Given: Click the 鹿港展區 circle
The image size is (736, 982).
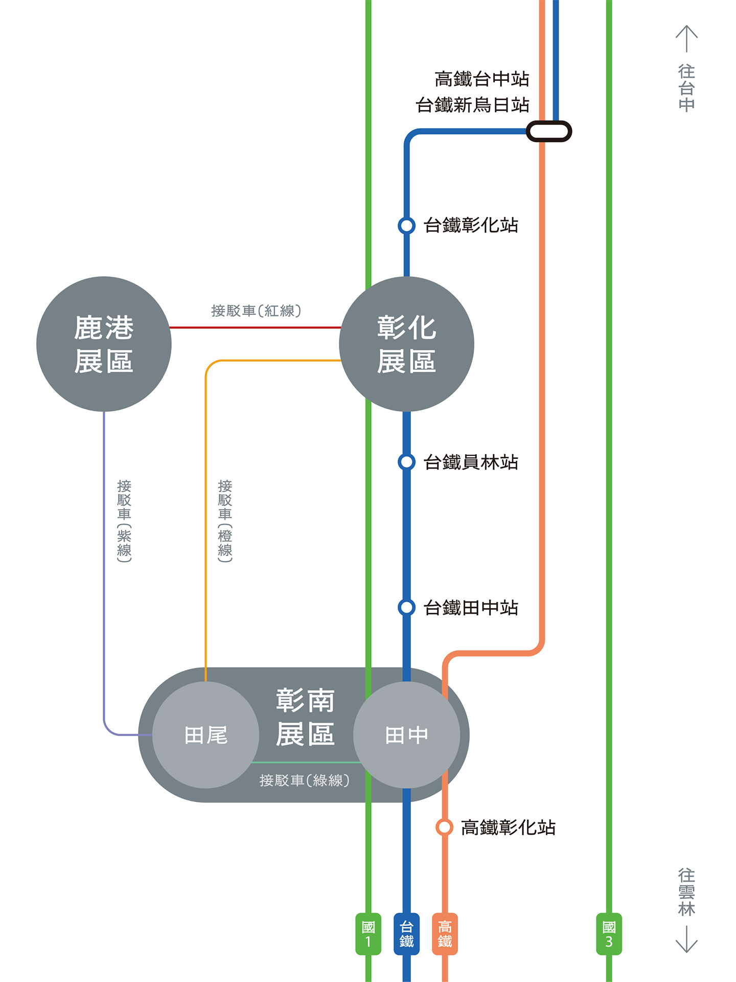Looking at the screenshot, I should [x=104, y=344].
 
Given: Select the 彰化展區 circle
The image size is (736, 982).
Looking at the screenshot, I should [x=406, y=344].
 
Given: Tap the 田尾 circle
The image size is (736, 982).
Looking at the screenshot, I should [x=205, y=735].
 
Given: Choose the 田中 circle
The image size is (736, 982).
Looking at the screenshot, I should [x=406, y=735].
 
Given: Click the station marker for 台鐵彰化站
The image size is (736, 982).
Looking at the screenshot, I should [x=406, y=225].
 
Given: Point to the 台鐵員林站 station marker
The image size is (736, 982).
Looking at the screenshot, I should [x=406, y=462].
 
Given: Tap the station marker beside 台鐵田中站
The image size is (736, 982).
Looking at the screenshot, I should [x=406, y=608].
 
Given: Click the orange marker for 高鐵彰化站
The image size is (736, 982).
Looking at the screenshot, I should [x=444, y=827].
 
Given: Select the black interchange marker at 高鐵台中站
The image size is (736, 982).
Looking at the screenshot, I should [x=549, y=131].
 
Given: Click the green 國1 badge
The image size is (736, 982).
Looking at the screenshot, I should [x=368, y=934].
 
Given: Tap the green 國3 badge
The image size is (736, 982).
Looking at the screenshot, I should [x=609, y=934].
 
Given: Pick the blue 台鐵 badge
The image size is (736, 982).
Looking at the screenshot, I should [x=406, y=934].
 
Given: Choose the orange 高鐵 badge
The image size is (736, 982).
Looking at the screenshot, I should [x=445, y=934].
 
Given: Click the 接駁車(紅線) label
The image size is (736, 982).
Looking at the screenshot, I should [x=256, y=310].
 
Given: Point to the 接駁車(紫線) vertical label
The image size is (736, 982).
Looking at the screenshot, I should [x=124, y=521].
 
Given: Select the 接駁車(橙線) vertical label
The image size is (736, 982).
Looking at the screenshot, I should [x=225, y=521].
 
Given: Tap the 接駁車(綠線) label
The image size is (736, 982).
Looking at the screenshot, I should [x=304, y=780].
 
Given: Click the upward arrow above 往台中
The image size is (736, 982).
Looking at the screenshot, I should [x=686, y=38].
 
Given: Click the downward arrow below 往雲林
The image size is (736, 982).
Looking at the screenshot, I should [x=686, y=939].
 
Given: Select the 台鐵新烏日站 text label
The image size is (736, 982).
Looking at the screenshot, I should [x=472, y=105].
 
